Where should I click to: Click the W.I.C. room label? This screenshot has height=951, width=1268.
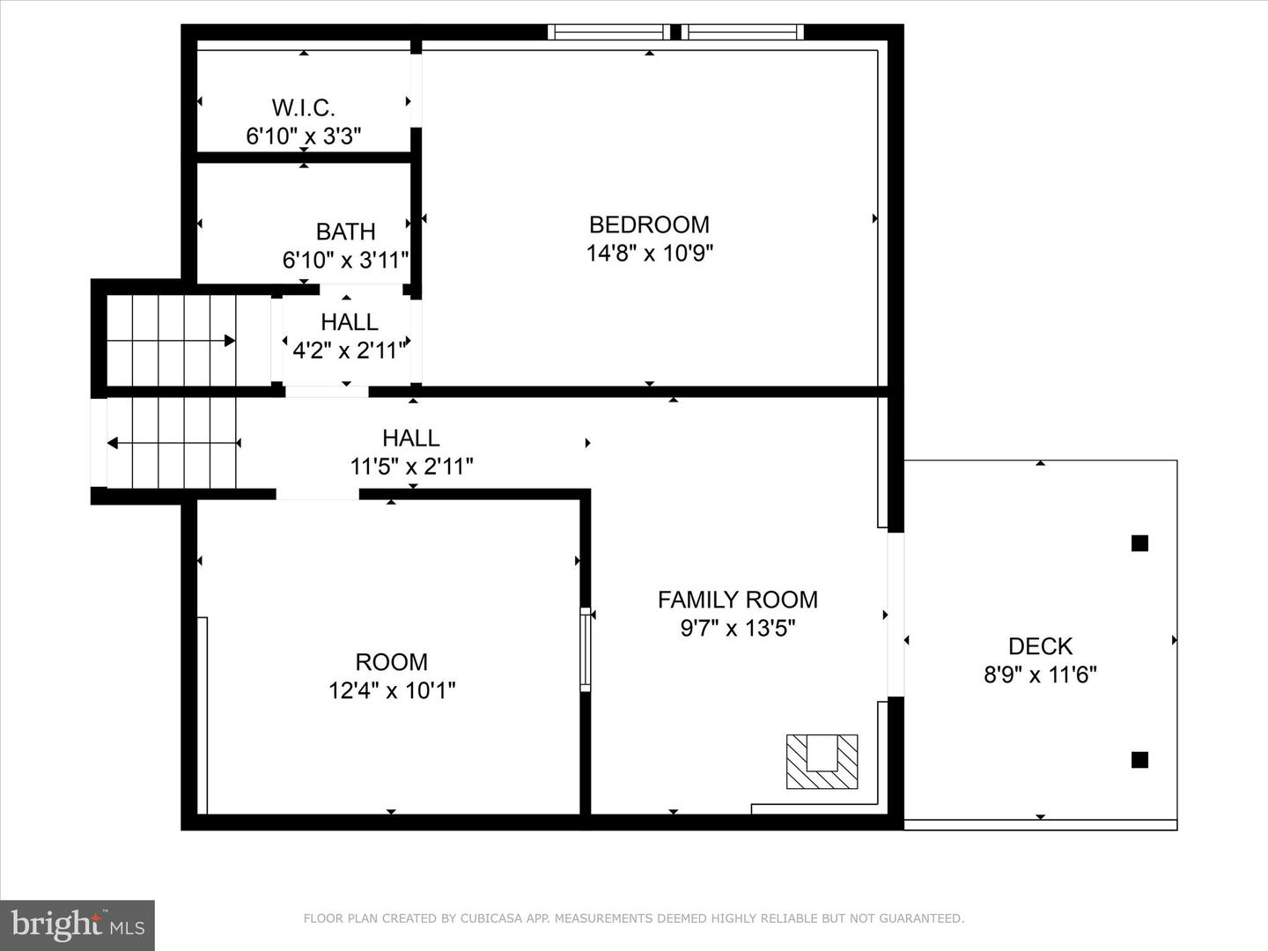(x=303, y=107)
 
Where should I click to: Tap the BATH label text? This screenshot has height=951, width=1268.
(x=345, y=232)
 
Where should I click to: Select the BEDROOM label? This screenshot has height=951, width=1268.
(x=649, y=225)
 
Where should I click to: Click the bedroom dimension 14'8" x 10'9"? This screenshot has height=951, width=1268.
(x=649, y=254)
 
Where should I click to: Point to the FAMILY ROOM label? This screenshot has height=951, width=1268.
(x=737, y=600)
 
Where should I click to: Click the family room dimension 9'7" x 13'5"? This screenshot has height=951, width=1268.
(x=737, y=629)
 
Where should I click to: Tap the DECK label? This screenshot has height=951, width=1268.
(x=1040, y=646)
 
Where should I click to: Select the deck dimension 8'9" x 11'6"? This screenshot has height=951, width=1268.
(x=1040, y=675)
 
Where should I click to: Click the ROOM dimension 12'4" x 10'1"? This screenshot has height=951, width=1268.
(x=392, y=690)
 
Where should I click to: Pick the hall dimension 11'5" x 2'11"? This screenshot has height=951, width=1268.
(x=411, y=467)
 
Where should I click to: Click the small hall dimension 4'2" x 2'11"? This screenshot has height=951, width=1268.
(x=349, y=350)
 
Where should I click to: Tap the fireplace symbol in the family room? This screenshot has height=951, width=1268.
(x=822, y=762)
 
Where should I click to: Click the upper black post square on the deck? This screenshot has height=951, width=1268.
(x=1139, y=543)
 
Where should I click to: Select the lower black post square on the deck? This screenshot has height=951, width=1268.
(x=1139, y=759)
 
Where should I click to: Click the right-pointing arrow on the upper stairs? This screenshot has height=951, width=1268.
(x=229, y=341)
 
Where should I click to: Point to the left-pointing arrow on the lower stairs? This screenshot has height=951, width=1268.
(x=113, y=443)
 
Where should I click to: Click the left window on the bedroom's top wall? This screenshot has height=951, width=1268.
(x=608, y=33)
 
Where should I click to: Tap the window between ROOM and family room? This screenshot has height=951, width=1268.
(x=585, y=647)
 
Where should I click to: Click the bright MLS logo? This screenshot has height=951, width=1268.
(x=77, y=925)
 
